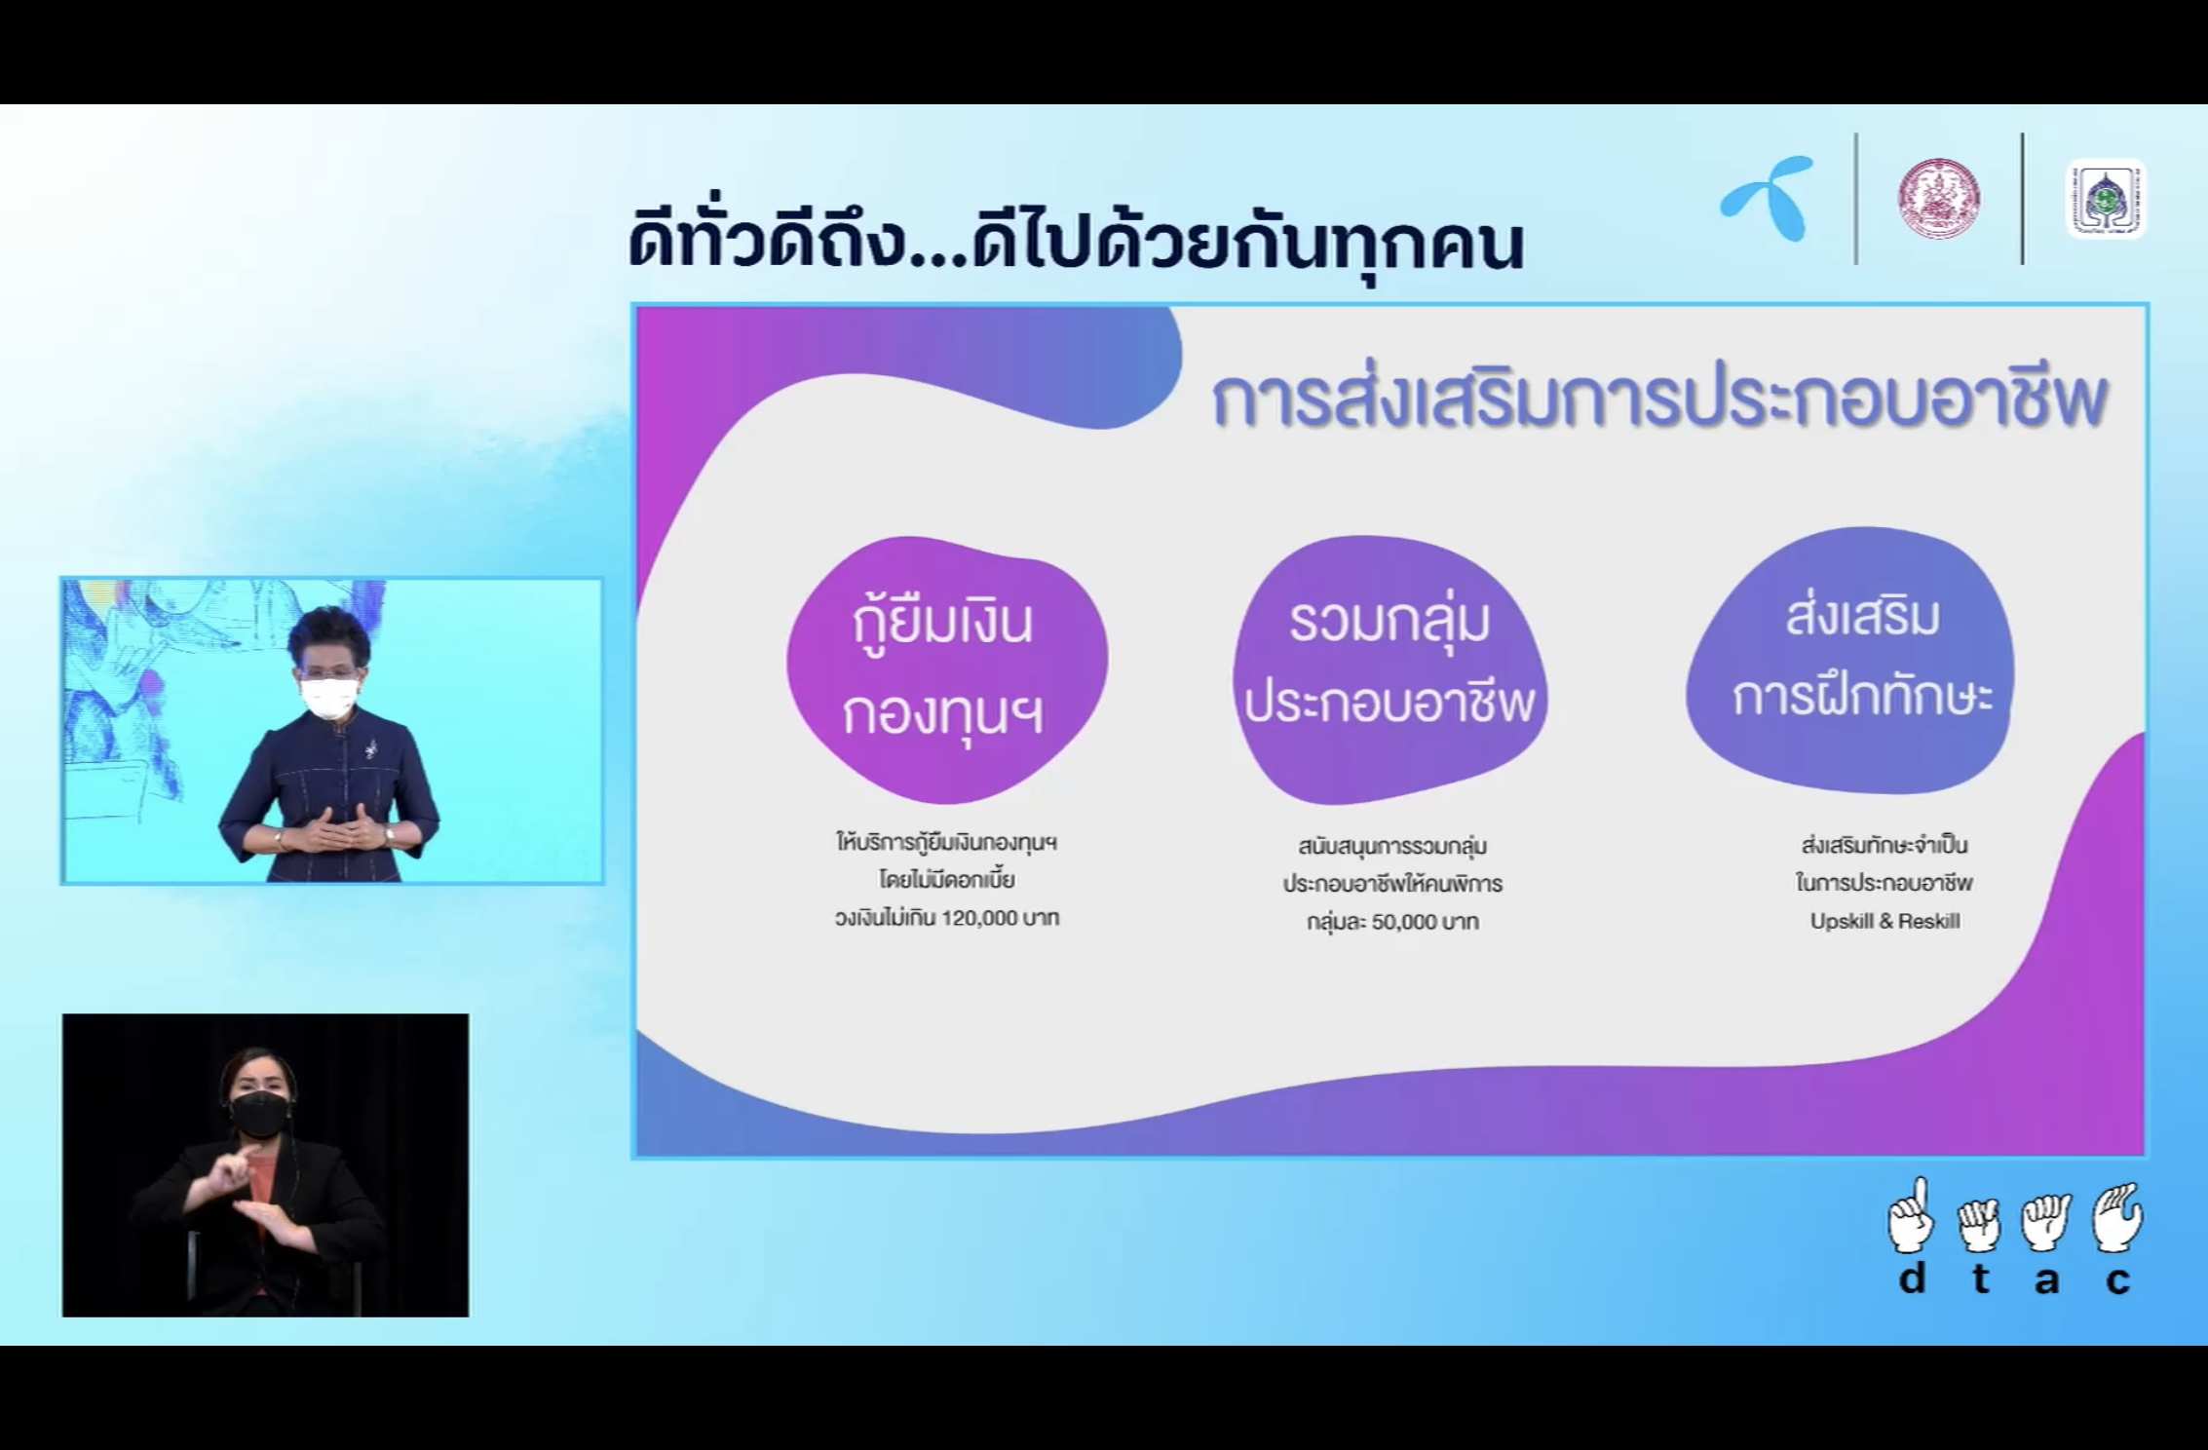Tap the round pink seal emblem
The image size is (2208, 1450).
click(1938, 198)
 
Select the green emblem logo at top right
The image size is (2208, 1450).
click(2105, 199)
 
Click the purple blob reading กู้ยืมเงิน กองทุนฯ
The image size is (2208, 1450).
click(946, 668)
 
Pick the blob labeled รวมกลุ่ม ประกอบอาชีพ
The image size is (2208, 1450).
click(1390, 668)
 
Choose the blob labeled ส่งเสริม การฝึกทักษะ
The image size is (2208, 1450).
click(1849, 659)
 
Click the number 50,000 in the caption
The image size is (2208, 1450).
click(1401, 922)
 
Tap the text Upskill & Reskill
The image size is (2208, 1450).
click(1884, 921)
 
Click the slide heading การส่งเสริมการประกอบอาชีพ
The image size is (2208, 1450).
click(1659, 400)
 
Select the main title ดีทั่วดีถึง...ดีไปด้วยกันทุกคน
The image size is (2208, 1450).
click(1076, 241)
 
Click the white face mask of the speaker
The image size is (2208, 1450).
click(329, 698)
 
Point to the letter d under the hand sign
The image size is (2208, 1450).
click(1912, 1278)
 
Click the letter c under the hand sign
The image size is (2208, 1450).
click(2117, 1280)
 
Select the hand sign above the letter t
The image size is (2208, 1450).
click(1979, 1224)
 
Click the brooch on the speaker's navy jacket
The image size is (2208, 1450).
click(371, 748)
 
